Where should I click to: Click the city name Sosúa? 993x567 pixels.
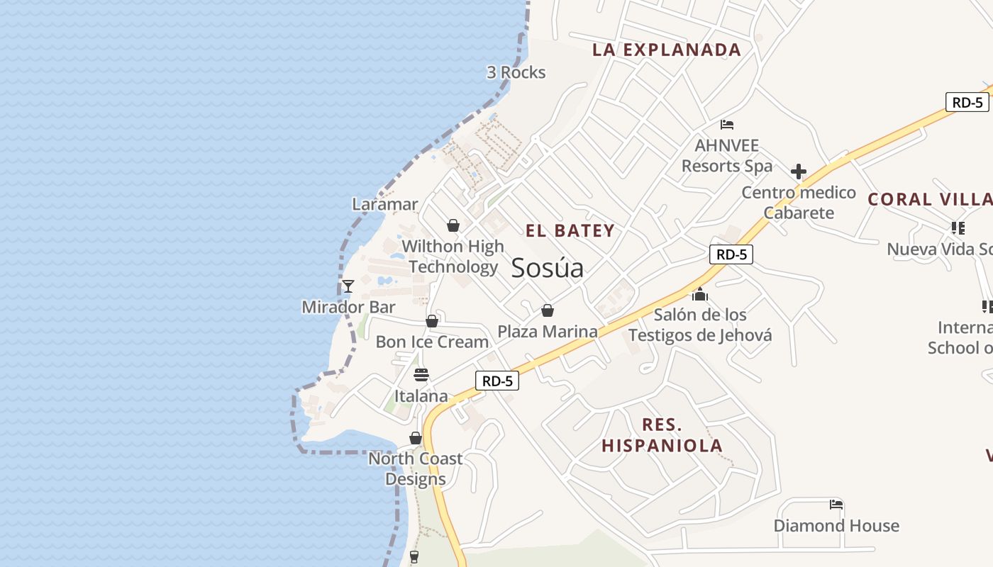tap(547, 268)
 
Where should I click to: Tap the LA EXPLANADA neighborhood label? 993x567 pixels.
tap(667, 50)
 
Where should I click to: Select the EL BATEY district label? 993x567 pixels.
tap(570, 230)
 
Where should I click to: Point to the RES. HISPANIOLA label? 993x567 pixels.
tap(662, 435)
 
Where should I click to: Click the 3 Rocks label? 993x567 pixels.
tap(516, 72)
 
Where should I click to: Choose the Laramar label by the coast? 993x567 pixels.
tap(385, 204)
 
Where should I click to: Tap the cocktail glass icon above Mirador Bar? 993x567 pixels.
tap(348, 286)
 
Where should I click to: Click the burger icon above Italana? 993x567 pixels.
tap(421, 375)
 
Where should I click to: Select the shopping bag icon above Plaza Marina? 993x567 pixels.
tap(547, 310)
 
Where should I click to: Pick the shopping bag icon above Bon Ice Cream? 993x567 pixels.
tap(432, 321)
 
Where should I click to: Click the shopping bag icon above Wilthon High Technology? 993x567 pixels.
tap(453, 225)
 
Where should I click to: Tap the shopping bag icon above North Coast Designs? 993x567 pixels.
tap(416, 438)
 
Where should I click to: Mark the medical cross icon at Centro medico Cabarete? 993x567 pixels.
tap(799, 172)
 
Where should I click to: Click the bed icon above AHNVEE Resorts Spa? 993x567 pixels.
tap(727, 125)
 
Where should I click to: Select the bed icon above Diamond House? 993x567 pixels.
tap(836, 505)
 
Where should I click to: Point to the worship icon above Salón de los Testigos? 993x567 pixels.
tap(700, 293)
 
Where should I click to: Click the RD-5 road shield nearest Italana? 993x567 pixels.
tap(496, 381)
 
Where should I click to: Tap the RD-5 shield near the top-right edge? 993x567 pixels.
tap(967, 102)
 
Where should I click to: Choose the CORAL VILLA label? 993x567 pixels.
tap(930, 199)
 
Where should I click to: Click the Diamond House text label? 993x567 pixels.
tap(836, 526)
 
